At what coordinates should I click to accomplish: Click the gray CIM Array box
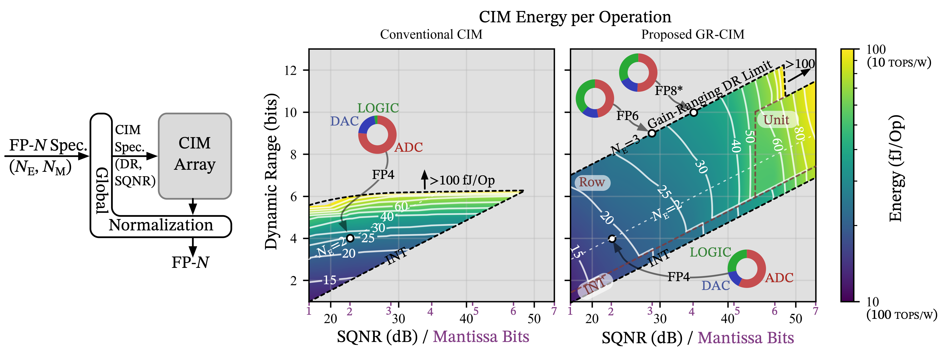[x=195, y=156]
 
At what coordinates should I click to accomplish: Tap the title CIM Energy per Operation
[x=575, y=17]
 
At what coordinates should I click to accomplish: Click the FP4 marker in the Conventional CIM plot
[x=350, y=238]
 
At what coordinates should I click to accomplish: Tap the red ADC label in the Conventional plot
[x=408, y=147]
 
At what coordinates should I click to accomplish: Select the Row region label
[x=591, y=182]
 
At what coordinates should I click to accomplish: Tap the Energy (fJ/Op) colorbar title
[x=896, y=168]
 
